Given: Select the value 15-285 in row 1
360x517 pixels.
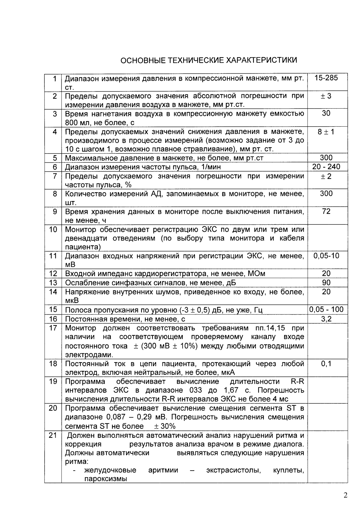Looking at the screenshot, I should click(326, 78).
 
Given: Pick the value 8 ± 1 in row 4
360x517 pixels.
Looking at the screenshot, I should click(326, 132).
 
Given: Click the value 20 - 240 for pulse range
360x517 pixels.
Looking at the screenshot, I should click(326, 167).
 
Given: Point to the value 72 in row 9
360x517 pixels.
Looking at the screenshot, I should click(326, 211).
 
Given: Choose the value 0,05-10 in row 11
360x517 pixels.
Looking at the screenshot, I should click(326, 256).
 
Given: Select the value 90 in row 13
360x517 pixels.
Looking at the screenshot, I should click(326, 282).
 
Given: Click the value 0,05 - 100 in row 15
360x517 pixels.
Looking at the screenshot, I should click(326, 310).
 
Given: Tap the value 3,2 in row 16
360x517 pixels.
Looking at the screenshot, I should click(326, 319).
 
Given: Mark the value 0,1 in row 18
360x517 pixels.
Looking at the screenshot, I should click(326, 364).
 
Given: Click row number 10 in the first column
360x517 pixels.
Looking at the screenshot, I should click(53, 229).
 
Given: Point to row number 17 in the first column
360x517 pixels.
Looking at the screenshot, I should click(53, 328).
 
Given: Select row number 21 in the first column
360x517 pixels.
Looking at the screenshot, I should click(53, 435).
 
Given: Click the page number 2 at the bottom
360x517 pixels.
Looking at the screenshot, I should click(345, 495).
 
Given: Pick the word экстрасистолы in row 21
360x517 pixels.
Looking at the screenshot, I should click(233, 470).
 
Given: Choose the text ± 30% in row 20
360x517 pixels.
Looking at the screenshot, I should click(165, 426).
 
